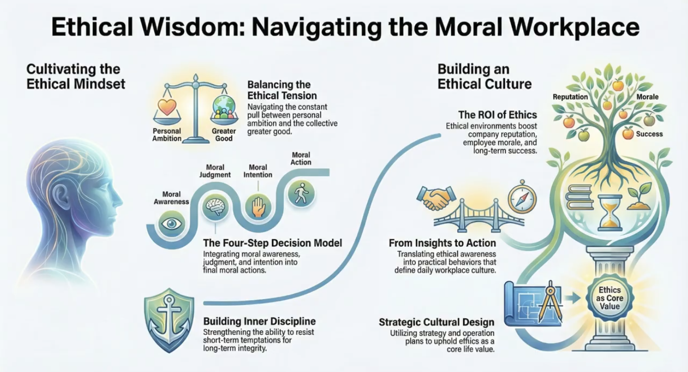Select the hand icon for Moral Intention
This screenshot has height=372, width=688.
pos(259,206)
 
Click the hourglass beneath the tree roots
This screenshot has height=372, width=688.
pos(610,212)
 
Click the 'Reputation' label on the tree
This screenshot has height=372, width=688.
pos(570,97)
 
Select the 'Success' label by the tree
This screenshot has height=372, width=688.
pos(649,134)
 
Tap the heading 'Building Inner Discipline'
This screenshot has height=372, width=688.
pos(259,322)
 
